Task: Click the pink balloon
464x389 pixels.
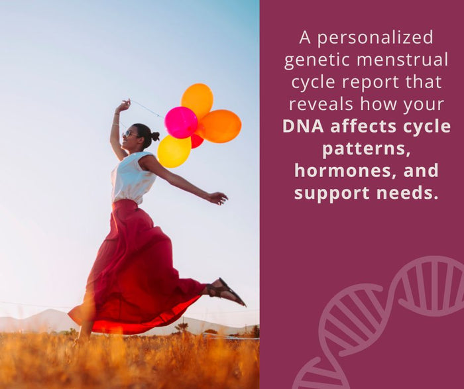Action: (x=181, y=122)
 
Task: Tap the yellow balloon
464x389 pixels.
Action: (x=174, y=151)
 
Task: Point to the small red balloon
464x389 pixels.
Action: (x=197, y=140)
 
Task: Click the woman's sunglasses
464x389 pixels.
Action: (x=131, y=134)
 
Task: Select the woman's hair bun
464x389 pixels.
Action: (x=155, y=136)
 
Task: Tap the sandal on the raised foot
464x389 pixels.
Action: (x=225, y=291)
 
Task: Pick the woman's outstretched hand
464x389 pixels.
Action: (x=217, y=197)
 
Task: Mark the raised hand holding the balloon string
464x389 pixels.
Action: (x=123, y=106)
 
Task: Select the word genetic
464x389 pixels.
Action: (x=317, y=60)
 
